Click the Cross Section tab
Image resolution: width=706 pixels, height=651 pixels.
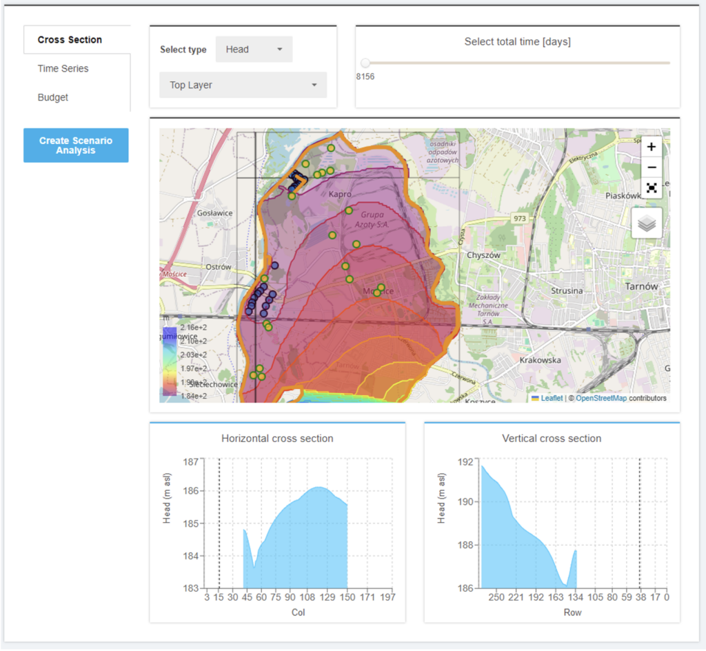pos(70,40)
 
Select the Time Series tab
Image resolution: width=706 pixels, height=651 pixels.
pos(63,69)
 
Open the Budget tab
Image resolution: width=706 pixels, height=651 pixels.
pos(53,98)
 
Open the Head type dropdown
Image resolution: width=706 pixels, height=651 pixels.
pos(254,50)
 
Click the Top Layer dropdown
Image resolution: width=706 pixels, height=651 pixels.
pos(243,86)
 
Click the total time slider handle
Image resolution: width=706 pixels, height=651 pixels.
pos(365,63)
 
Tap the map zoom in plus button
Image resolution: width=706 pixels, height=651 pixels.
pos(652,147)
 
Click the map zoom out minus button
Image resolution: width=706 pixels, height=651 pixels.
pos(652,168)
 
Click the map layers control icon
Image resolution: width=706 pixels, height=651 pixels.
pos(647,223)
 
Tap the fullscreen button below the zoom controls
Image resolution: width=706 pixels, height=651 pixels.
pos(652,188)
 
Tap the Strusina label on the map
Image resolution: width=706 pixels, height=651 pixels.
pos(567,291)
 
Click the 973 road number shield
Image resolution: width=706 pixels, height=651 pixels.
pos(521,219)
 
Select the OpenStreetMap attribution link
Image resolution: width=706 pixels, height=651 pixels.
pos(601,399)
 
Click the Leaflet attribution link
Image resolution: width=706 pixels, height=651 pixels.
pos(551,399)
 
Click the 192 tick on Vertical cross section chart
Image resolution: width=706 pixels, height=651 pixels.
pos(466,461)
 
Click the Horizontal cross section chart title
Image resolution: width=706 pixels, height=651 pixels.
pos(277,439)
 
